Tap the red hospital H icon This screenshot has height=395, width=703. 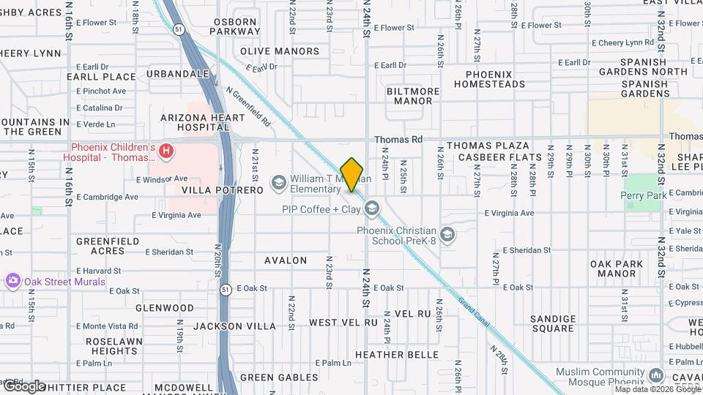167,151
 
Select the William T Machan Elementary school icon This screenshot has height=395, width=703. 278,181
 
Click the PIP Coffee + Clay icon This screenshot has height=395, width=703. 372,210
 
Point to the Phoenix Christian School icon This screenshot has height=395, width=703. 447,235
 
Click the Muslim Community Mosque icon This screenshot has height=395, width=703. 658,376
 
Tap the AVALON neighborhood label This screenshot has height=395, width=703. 286,260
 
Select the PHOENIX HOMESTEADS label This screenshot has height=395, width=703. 489,79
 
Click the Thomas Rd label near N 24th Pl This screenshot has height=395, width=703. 398,139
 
